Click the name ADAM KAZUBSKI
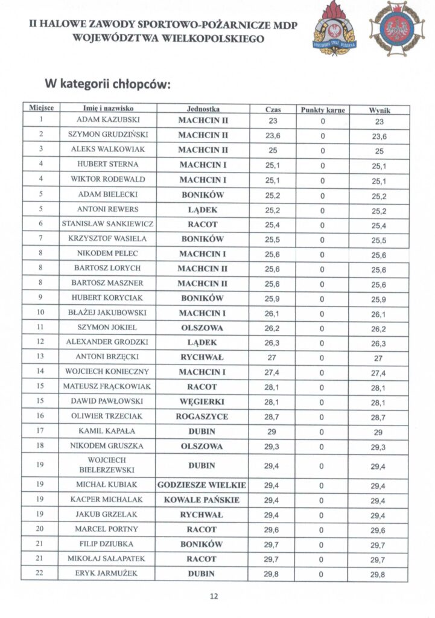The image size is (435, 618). coord(108,121)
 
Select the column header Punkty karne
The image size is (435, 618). coord(322,109)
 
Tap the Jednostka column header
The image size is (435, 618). coord(203,109)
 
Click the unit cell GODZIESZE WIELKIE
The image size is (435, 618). coord(202,485)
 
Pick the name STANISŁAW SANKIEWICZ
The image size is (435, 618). coord(108,224)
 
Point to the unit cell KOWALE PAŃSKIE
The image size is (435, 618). coord(202,500)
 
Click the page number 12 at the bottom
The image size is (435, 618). coord(214,596)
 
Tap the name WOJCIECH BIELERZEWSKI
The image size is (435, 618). coord(108,465)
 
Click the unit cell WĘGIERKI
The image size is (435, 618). coord(202,401)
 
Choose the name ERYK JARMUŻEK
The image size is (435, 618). coord(108,573)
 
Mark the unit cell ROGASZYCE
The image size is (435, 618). coord(202,416)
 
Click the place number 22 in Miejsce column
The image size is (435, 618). coord(40,573)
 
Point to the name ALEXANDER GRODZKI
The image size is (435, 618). coord(108,342)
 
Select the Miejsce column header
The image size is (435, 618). coord(41,108)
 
